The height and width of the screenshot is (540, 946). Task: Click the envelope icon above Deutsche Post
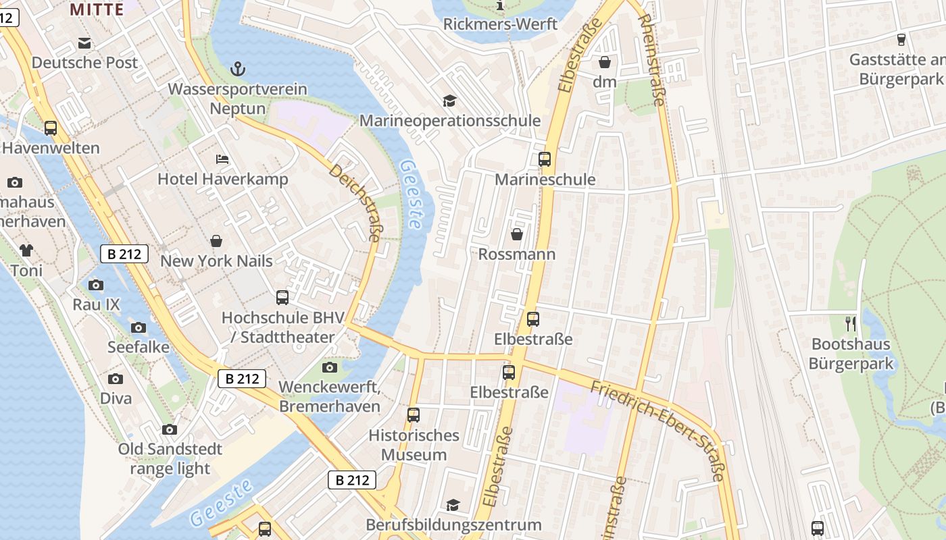tap(84, 43)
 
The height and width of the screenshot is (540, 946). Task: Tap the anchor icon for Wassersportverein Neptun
tap(237, 68)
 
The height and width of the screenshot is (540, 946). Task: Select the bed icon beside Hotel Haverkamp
tap(222, 159)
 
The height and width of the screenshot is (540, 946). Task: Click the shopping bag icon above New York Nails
tap(216, 241)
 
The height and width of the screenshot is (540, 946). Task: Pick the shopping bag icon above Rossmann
tap(517, 234)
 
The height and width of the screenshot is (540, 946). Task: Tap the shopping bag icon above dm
tap(605, 62)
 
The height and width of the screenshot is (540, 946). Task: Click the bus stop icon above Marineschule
tap(545, 159)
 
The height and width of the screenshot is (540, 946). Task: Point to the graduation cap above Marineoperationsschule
tap(449, 101)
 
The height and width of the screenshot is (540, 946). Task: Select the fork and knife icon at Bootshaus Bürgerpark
tap(851, 324)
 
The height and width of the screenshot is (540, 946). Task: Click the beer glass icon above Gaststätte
tap(901, 40)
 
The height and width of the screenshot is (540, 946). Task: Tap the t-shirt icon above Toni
tap(26, 250)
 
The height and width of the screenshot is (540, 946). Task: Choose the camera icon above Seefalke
tap(139, 327)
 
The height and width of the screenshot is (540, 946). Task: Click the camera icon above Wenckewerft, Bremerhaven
tap(330, 367)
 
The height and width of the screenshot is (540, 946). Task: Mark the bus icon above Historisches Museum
tap(414, 415)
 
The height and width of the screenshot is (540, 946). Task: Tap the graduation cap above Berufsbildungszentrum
tap(453, 505)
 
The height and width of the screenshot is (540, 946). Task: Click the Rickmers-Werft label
tap(500, 24)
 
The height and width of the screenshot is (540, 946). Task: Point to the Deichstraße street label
tap(355, 202)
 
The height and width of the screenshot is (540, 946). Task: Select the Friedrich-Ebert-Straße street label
tap(657, 430)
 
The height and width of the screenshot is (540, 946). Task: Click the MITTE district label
tap(97, 9)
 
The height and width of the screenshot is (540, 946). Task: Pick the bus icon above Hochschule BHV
tap(282, 297)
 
